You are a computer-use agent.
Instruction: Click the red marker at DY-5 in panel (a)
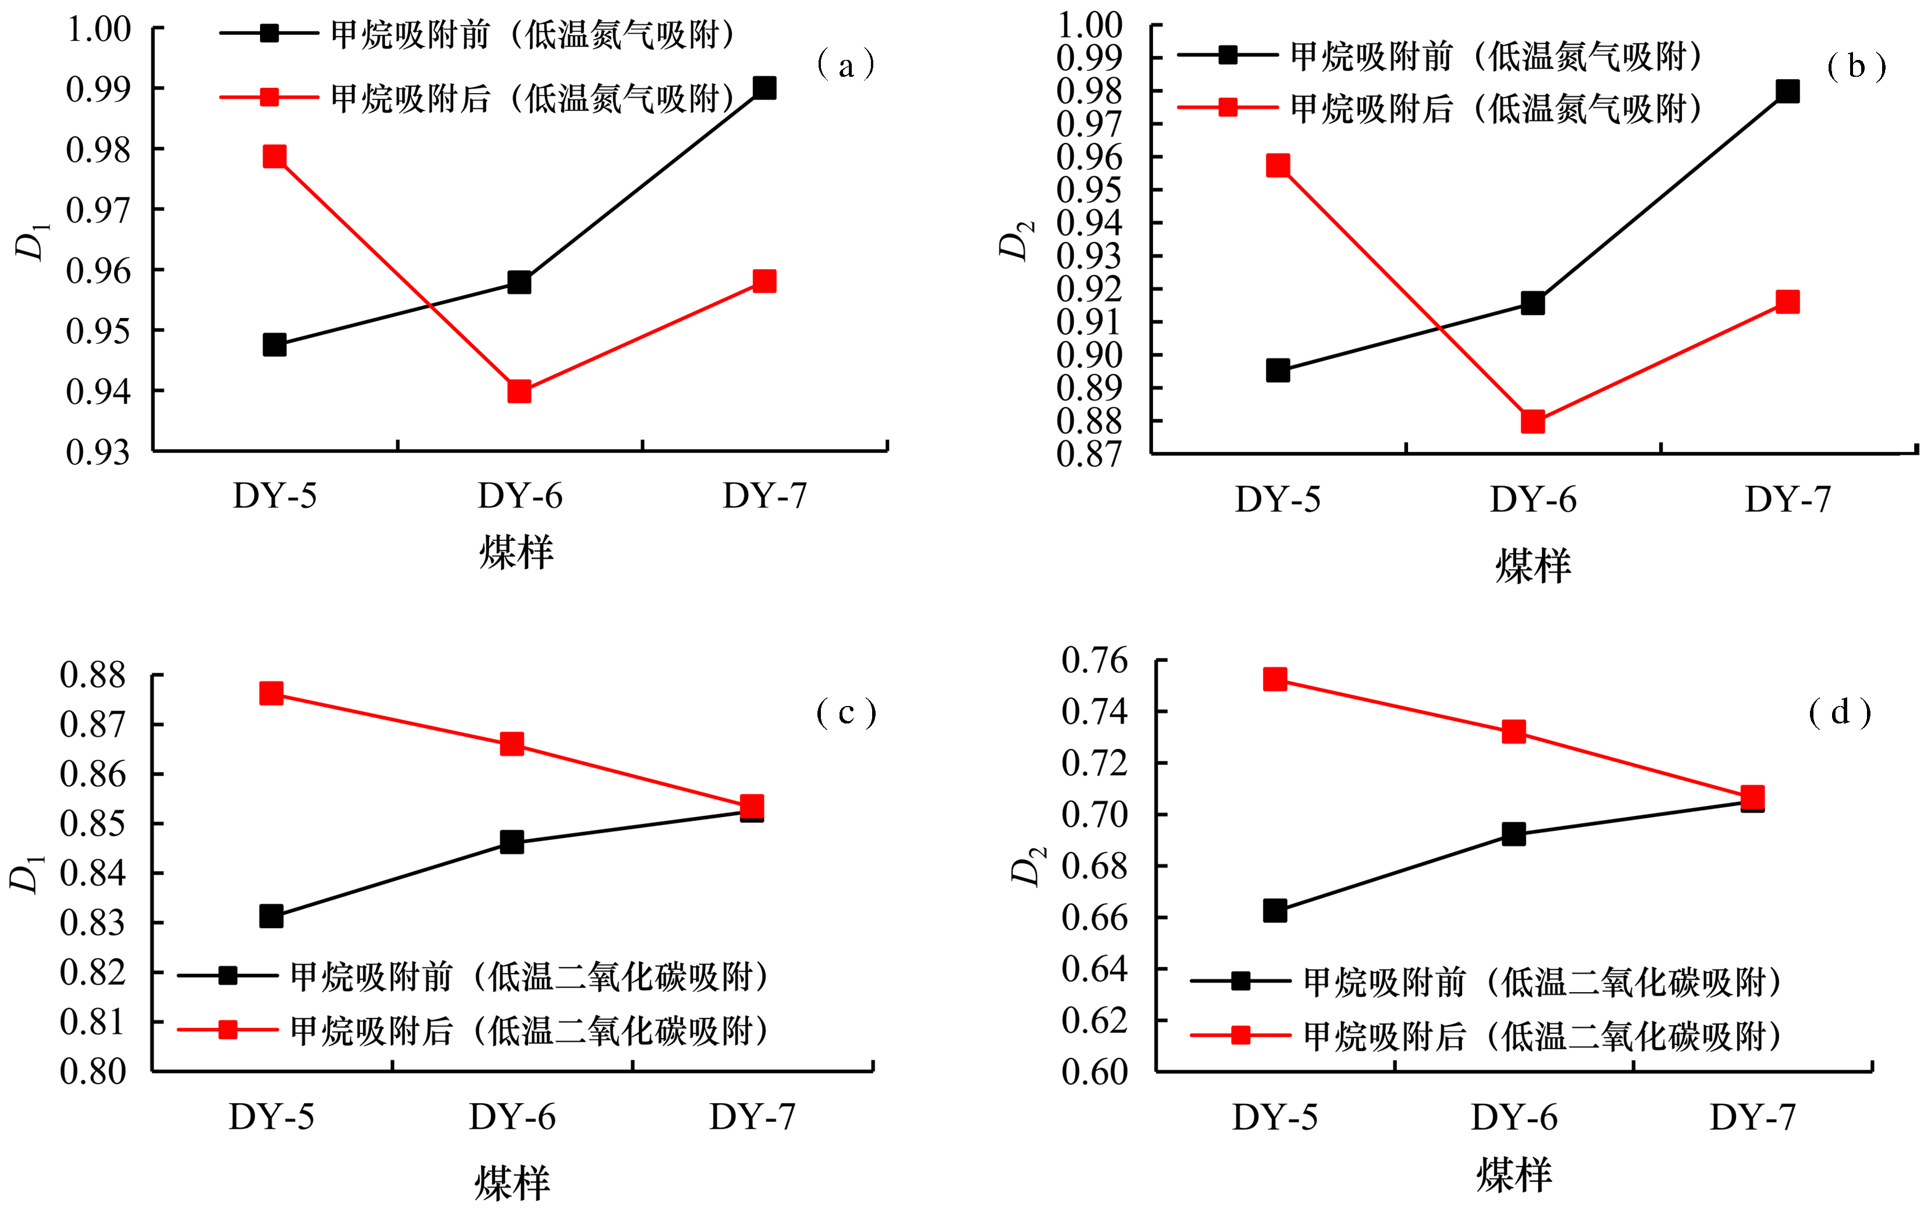[x=274, y=156]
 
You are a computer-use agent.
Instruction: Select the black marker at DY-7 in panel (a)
[x=764, y=88]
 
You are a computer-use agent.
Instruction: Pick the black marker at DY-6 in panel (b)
[x=1532, y=303]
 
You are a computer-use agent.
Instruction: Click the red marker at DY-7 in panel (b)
[x=1787, y=302]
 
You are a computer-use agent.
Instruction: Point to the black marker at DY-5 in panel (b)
[x=1277, y=370]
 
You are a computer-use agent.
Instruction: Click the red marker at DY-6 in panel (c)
[x=511, y=744]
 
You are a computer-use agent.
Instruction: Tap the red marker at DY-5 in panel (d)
[x=1274, y=679]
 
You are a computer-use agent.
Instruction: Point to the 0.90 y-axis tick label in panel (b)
[x=1089, y=355]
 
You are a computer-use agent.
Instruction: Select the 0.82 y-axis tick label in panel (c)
[x=93, y=972]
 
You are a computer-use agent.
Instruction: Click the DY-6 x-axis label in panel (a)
[x=520, y=496]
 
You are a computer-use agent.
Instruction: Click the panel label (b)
[x=1856, y=66]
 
